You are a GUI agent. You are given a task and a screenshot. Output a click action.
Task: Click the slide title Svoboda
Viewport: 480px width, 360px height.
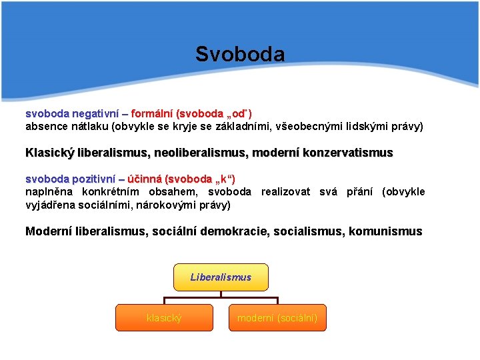point(240,54)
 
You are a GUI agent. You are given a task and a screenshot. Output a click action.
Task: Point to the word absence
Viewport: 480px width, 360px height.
point(45,126)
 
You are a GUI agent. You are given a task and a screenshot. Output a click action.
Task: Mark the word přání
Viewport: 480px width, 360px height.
point(359,192)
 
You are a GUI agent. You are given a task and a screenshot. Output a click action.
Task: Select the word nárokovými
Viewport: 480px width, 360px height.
point(163,205)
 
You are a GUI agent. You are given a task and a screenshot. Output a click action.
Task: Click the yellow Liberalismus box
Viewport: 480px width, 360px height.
point(221,277)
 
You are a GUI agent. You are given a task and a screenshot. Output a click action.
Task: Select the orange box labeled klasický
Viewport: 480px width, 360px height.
point(164,318)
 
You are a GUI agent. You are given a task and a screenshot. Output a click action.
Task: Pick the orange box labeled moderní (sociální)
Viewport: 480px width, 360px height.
point(277,318)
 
